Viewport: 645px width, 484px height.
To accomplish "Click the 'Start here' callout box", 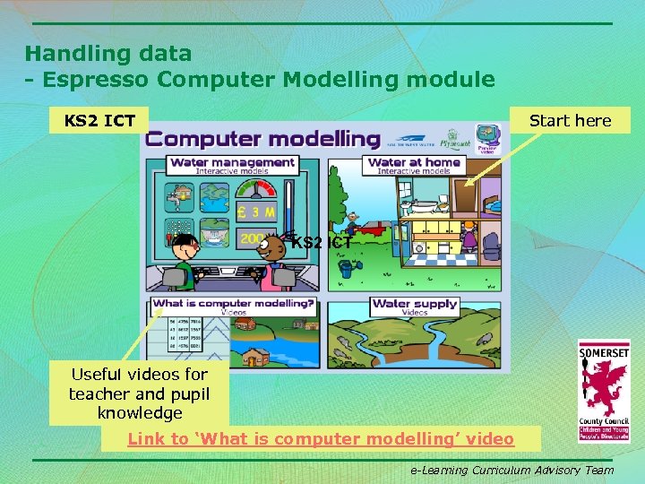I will click(570, 120).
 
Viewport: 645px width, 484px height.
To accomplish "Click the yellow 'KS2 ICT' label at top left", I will click(99, 120).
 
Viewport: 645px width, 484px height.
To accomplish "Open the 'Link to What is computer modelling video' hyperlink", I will click(321, 438).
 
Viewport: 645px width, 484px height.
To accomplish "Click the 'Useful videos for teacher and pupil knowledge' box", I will click(139, 393).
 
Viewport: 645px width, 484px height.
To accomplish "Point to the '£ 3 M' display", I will click(256, 212).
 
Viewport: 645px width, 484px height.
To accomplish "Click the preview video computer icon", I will click(487, 136).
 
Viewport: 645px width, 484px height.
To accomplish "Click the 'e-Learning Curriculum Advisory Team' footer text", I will click(512, 470).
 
